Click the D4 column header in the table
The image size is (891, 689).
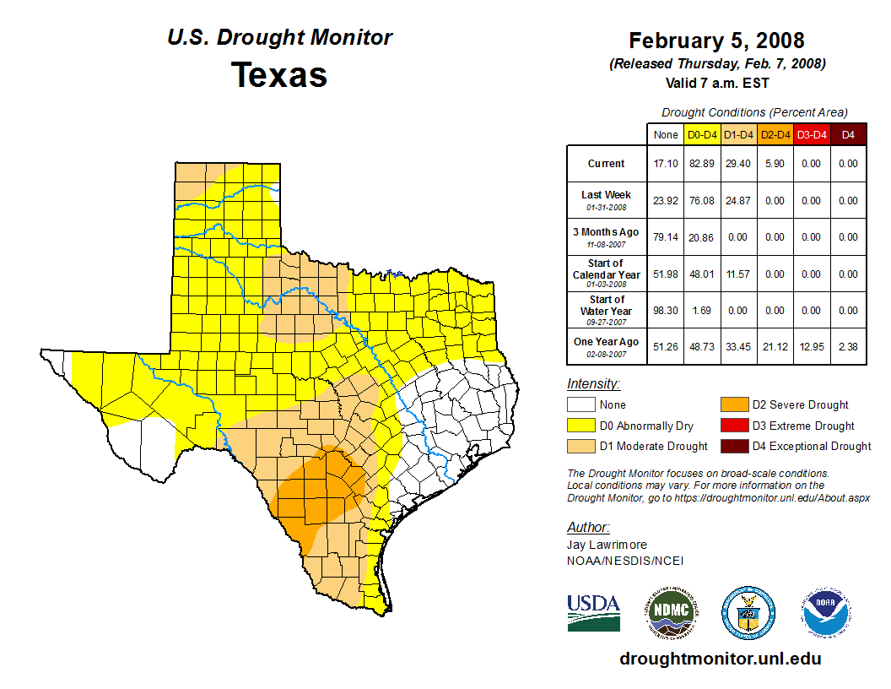pyautogui.click(x=848, y=134)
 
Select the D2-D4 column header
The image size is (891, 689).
pyautogui.click(x=775, y=134)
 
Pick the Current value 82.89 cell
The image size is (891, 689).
pyautogui.click(x=702, y=164)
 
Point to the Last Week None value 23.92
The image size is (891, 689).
pyautogui.click(x=665, y=201)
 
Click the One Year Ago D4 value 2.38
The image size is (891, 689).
pyautogui.click(x=848, y=347)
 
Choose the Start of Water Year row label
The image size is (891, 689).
pyautogui.click(x=606, y=310)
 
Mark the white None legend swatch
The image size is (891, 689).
pyautogui.click(x=581, y=405)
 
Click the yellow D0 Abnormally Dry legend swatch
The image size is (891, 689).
pyautogui.click(x=581, y=426)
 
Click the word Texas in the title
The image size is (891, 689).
pyautogui.click(x=279, y=75)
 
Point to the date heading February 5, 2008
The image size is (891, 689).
pyautogui.click(x=716, y=41)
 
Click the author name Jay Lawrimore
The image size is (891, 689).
pyautogui.click(x=607, y=545)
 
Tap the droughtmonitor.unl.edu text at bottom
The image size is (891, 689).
pyautogui.click(x=720, y=659)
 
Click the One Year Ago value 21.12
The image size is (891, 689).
pyautogui.click(x=775, y=347)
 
